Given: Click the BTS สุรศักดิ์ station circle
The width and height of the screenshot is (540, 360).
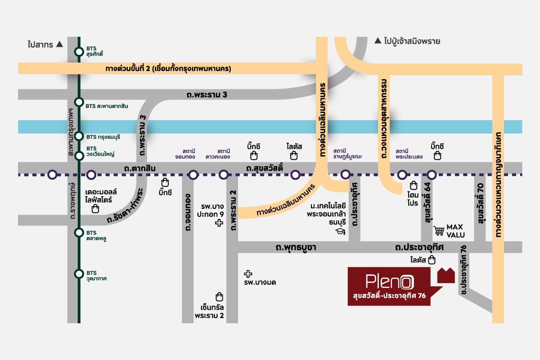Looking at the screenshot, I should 79,51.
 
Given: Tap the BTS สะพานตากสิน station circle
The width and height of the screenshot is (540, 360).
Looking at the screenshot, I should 79,102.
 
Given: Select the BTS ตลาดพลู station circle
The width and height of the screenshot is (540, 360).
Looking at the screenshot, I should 79,233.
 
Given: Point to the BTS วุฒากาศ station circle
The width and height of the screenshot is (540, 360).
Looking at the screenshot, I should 79,273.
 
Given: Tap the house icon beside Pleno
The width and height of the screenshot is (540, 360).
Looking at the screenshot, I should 446,275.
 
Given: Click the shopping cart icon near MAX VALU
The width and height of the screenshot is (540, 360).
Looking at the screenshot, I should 439,231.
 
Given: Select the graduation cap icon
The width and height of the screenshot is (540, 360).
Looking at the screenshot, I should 340,232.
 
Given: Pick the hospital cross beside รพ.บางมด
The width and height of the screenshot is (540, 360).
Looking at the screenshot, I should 247,273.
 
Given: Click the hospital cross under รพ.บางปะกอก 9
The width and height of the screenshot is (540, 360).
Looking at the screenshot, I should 219,223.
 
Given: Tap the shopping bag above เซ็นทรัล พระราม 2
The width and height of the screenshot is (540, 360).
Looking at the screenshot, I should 220,297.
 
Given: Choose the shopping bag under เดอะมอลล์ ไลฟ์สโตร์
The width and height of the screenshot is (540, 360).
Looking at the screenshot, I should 95,209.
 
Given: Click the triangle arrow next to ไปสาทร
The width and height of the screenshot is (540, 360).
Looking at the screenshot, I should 59,44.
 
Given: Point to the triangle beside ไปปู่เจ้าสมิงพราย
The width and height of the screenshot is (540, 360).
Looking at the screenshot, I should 378,41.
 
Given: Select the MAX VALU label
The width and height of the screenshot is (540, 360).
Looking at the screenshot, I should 455,231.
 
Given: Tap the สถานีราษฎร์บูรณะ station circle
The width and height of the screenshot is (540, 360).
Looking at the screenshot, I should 345,175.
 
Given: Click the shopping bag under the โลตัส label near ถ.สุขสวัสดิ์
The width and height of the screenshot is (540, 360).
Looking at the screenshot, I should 294,156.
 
